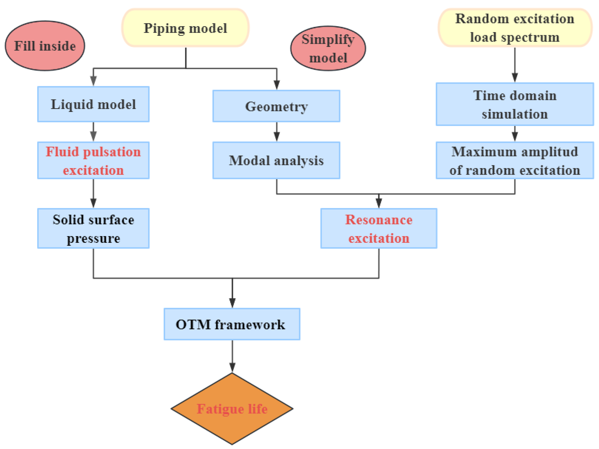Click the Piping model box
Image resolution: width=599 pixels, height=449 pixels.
(185, 28)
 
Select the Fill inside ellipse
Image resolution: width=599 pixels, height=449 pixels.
(45, 46)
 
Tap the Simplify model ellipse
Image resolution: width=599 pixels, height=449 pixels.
(328, 48)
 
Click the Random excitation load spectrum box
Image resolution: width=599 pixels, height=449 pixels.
(515, 28)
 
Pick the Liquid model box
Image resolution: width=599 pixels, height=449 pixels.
(93, 104)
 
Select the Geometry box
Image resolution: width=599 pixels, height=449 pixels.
(276, 106)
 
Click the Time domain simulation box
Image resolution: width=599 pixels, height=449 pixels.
(515, 104)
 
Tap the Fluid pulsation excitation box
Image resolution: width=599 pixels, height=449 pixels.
(93, 161)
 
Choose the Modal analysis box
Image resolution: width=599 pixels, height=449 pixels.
(276, 161)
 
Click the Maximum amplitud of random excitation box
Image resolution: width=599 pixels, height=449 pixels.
(515, 161)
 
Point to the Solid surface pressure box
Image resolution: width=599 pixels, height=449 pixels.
(93, 228)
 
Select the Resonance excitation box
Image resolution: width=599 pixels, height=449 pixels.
(379, 228)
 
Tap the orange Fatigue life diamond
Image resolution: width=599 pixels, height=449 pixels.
(232, 409)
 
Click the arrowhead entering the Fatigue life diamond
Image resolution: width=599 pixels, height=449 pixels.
(232, 368)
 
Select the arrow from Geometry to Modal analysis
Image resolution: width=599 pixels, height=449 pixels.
(276, 132)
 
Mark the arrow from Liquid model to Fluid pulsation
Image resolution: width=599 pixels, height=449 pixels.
(93, 132)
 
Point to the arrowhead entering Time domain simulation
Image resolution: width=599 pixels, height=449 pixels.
(515, 77)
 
